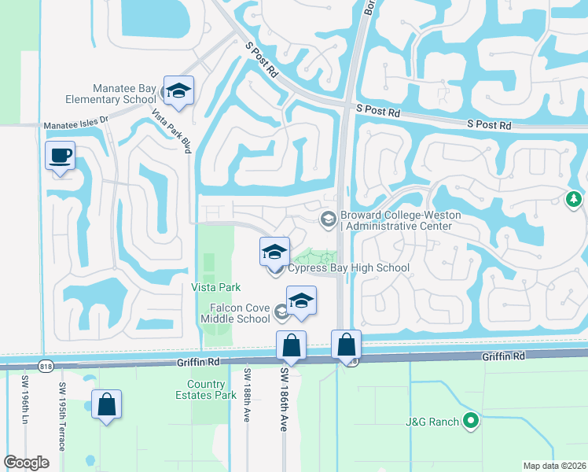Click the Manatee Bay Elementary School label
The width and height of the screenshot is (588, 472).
point(124,94)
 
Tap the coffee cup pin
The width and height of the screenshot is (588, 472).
point(60,154)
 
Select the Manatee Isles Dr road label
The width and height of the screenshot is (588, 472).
point(75,125)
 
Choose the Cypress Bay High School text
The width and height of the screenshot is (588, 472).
point(348,268)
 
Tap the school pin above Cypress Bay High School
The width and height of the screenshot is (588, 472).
point(274,252)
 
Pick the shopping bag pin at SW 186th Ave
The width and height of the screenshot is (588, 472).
point(291,345)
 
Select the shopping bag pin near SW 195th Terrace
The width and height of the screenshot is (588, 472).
point(106,405)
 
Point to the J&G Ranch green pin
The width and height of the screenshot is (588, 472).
point(471,422)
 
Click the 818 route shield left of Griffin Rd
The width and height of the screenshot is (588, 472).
point(41,363)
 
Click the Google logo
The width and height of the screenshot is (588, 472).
point(27,463)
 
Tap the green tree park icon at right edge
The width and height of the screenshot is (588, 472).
point(575,199)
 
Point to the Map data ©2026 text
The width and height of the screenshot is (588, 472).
point(553,466)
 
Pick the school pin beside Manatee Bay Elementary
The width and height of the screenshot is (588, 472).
point(178,91)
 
